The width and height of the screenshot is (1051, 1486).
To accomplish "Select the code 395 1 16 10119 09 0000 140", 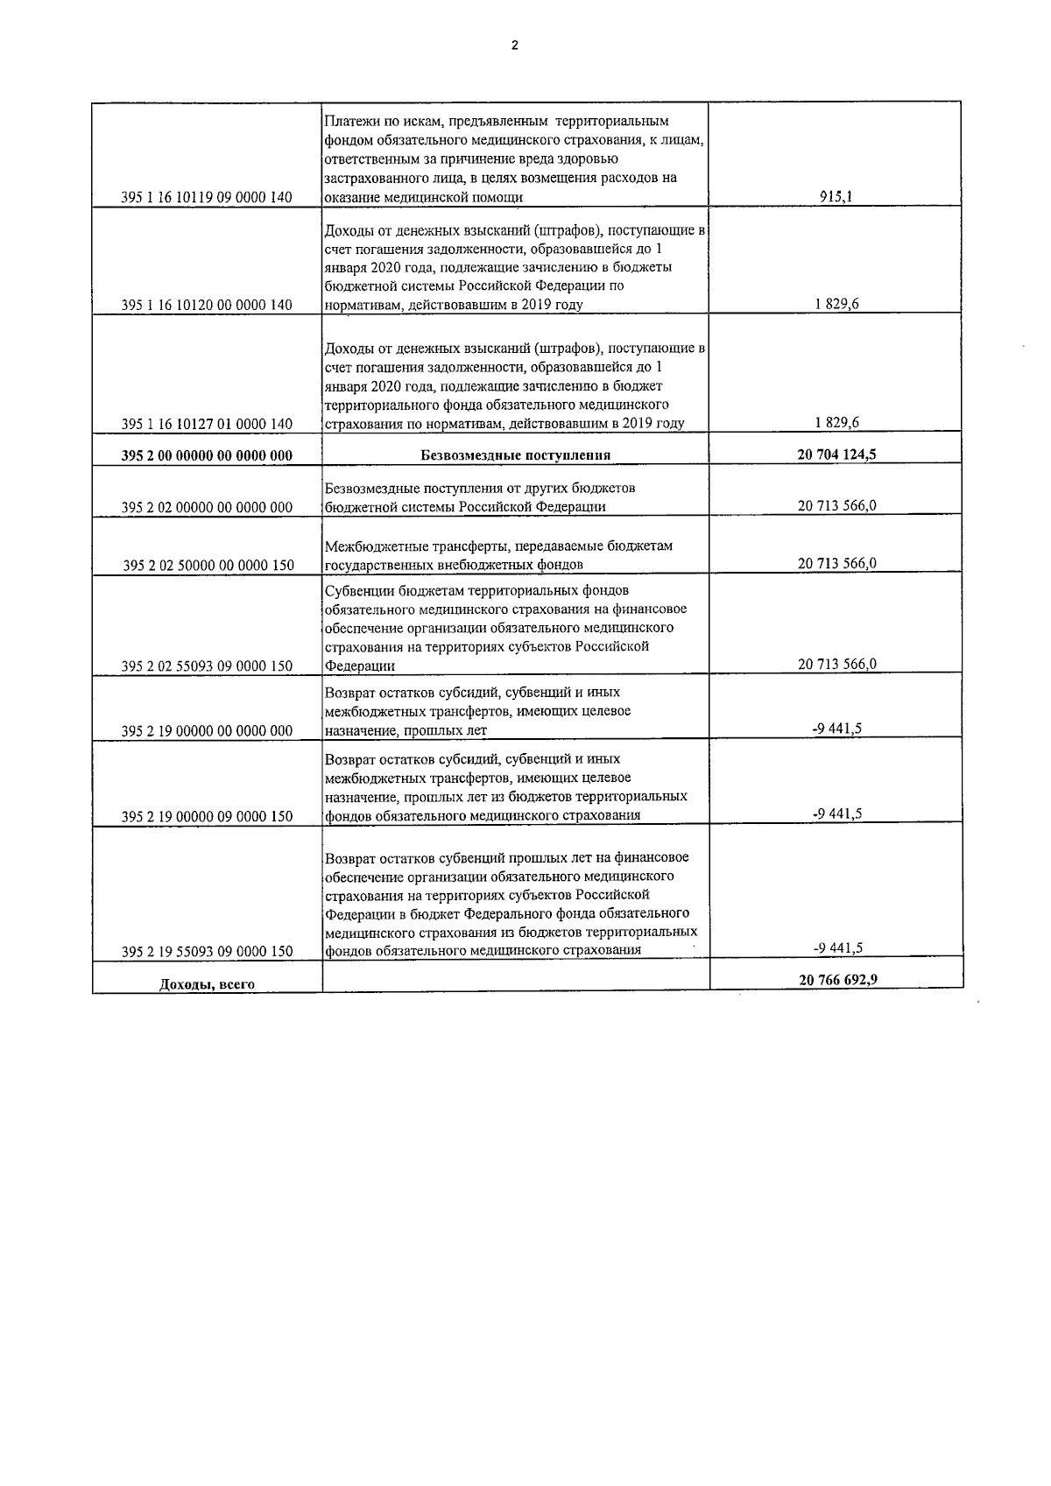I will click(207, 198).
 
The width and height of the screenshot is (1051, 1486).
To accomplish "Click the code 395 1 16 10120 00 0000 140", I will click(207, 306).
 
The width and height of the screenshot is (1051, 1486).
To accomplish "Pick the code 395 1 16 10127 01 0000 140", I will click(207, 424).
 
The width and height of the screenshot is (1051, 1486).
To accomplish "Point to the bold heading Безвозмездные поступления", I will click(515, 454).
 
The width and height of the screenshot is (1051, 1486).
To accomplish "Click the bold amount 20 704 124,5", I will click(836, 454).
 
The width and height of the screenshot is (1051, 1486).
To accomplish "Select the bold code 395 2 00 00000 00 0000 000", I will click(207, 455).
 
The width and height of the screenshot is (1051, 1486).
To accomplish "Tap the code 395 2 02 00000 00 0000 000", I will click(207, 508).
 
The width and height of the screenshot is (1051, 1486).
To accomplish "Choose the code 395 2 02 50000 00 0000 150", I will click(207, 566).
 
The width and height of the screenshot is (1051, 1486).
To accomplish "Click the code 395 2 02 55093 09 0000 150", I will click(207, 666).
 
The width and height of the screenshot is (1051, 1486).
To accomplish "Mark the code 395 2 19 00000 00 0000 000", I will click(207, 731).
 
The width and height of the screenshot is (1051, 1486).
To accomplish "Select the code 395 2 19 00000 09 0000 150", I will click(207, 817).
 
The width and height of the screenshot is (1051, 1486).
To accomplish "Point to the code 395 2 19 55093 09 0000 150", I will click(207, 952).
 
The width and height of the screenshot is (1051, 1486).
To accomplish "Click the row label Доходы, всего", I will click(207, 984).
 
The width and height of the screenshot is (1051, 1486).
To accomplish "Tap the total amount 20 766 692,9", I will click(837, 981).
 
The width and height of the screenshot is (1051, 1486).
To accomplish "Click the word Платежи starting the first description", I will click(349, 121).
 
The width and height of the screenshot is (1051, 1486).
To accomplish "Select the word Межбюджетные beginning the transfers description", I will click(369, 546).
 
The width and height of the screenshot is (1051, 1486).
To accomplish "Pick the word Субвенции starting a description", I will click(355, 590).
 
